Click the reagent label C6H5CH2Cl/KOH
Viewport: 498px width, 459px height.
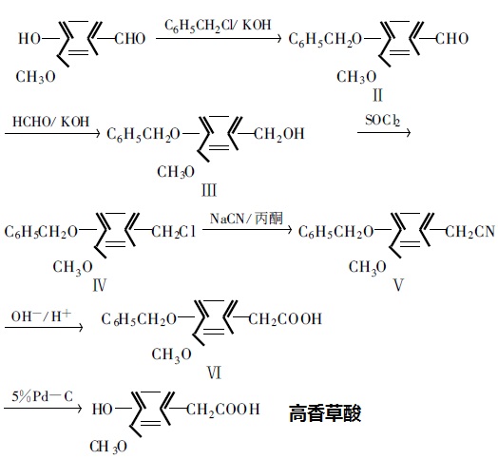tap(218, 26)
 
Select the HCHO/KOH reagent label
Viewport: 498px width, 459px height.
tap(50, 122)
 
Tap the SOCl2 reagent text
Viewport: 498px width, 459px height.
tap(382, 121)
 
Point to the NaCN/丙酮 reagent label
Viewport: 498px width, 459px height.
tap(246, 219)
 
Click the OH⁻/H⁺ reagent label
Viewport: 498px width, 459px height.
tap(41, 316)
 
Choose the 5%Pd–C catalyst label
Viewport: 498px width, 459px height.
tap(42, 396)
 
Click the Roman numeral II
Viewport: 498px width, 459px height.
tap(377, 95)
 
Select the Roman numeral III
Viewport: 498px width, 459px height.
tap(209, 190)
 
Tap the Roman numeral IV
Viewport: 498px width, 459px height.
tap(99, 285)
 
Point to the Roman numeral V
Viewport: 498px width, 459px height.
tap(398, 284)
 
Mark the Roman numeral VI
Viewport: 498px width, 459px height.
tap(214, 373)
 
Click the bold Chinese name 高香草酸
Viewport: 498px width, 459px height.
tap(325, 413)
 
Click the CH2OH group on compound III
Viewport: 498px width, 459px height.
tap(278, 134)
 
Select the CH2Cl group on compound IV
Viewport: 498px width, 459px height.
tap(173, 232)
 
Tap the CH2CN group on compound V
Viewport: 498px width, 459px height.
tap(470, 232)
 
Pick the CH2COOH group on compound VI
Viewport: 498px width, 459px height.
tap(285, 319)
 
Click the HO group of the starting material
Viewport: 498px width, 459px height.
tap(29, 39)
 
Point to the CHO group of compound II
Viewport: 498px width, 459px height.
tap(451, 39)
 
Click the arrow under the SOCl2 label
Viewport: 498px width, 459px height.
tap(384, 132)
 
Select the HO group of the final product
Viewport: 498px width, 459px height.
tap(103, 410)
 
